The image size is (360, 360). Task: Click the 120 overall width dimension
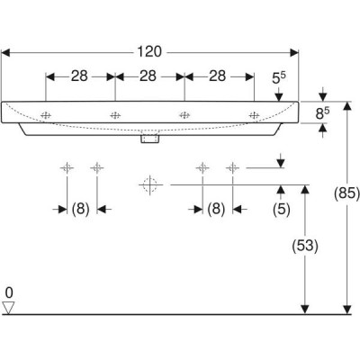point(149,52)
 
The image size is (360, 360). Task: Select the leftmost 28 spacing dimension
point(79,76)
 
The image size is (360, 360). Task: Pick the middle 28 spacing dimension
point(148,76)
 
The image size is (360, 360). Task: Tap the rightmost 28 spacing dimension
point(217,76)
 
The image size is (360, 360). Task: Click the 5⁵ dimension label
point(279,78)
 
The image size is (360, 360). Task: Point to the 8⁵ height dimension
point(322,113)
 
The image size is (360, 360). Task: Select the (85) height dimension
point(346,193)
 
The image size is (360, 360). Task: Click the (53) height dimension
point(305,246)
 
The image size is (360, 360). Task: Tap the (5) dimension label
point(282,209)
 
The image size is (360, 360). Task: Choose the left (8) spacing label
point(80,209)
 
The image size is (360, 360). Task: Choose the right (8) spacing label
point(216,209)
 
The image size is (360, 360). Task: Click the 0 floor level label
point(9,292)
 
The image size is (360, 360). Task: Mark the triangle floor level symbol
point(8,308)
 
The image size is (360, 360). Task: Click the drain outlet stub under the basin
point(150,139)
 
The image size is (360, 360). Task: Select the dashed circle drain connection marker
point(150,184)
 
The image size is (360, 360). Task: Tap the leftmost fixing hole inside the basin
point(46,115)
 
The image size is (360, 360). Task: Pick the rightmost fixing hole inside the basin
point(254,115)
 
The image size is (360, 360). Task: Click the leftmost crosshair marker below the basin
point(67,167)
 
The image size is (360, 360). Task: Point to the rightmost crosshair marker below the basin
point(232,167)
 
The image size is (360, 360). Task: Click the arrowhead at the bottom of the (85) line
point(347,310)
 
